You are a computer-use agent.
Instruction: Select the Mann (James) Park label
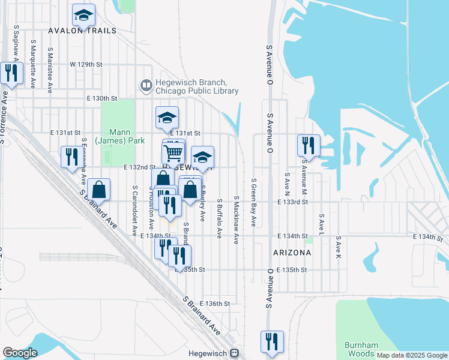click(118, 136)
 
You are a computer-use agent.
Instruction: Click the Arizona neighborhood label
click(292, 253)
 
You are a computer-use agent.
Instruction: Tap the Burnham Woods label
click(362, 349)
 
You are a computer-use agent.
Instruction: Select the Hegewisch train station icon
click(235, 353)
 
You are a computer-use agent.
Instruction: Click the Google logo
click(20, 352)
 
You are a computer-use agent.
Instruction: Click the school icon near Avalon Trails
click(83, 14)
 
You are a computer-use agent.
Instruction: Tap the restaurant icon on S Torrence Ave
click(10, 73)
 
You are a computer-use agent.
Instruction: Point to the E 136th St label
click(215, 304)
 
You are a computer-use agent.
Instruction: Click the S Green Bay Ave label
click(255, 202)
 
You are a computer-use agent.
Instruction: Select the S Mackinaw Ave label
click(237, 220)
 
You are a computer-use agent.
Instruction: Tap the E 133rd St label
click(293, 203)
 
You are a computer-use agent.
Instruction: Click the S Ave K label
click(339, 247)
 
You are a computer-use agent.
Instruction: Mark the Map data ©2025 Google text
click(412, 355)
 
